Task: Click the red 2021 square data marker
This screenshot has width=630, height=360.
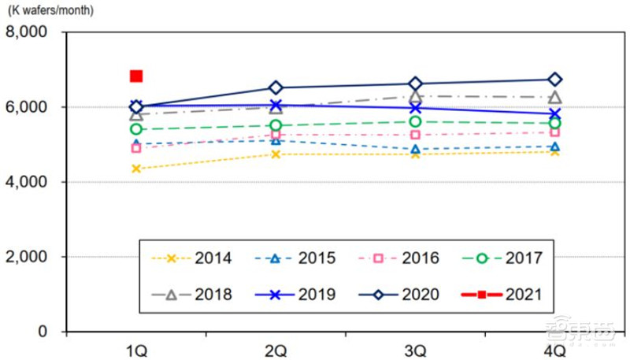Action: click(x=136, y=76)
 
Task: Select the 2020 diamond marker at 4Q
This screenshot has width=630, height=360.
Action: click(x=554, y=80)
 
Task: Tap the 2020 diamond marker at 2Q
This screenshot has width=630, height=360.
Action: click(x=276, y=87)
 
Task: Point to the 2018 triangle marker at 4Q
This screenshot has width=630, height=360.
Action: click(x=554, y=98)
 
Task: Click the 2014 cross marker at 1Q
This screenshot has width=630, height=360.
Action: click(x=136, y=169)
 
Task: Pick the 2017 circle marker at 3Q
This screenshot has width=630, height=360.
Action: click(x=415, y=121)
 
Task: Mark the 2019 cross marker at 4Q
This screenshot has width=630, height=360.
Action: click(x=554, y=113)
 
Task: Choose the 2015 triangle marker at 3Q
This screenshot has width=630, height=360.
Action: click(x=415, y=149)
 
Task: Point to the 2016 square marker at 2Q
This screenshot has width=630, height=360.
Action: click(x=276, y=134)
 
